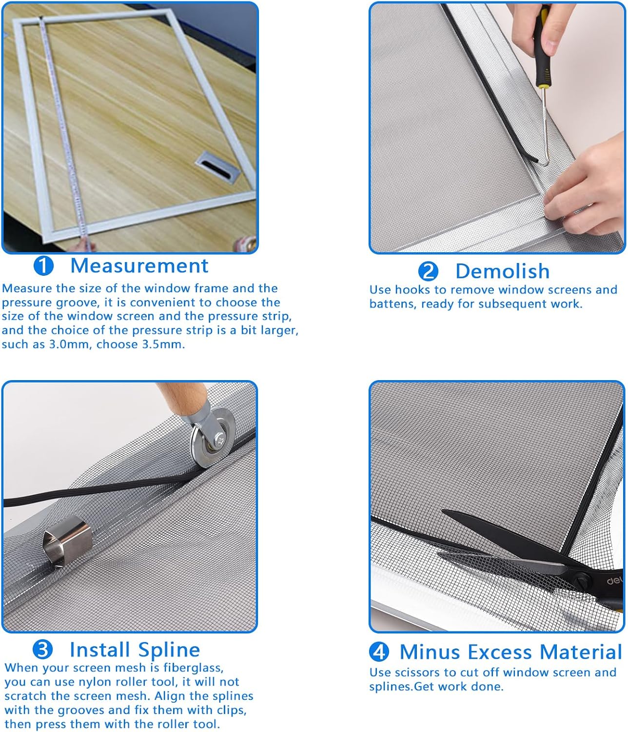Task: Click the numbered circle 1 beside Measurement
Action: (x=43, y=266)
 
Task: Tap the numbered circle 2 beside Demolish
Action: (x=428, y=272)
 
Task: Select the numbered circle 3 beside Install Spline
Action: (x=42, y=650)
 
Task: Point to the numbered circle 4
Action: (x=379, y=651)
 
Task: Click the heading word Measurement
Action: (x=139, y=265)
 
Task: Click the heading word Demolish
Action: (x=502, y=271)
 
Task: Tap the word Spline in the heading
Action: (x=169, y=650)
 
